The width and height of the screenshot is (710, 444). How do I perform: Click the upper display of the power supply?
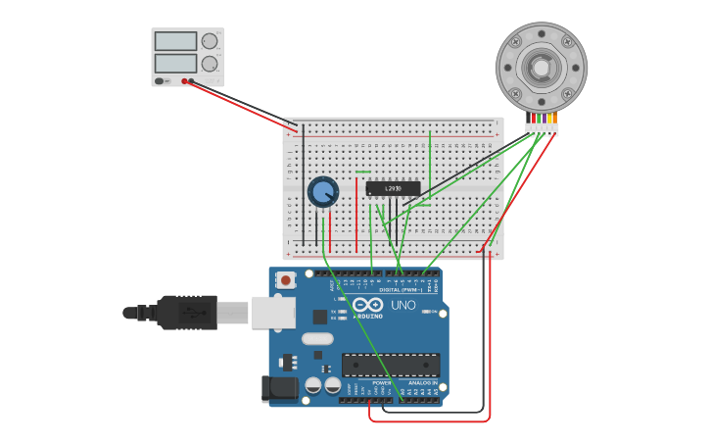pyautogui.click(x=175, y=41)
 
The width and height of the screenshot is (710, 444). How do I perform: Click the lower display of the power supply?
pyautogui.click(x=175, y=63)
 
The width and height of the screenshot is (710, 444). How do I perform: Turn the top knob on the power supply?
pyautogui.click(x=210, y=41)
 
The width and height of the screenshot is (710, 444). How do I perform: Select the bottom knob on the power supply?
pyautogui.click(x=210, y=64)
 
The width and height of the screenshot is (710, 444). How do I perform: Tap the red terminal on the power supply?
pyautogui.click(x=184, y=81)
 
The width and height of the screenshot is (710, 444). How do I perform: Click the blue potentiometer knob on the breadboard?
pyautogui.click(x=323, y=191)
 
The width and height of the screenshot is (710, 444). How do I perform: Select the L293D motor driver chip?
pyautogui.click(x=393, y=188)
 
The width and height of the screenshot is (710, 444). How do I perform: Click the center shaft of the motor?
pyautogui.click(x=542, y=67)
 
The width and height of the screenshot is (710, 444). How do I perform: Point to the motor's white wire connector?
pyautogui.click(x=542, y=128)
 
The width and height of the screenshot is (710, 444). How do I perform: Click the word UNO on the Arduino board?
pyautogui.click(x=403, y=306)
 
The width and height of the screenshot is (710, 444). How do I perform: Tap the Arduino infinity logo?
pyautogui.click(x=369, y=305)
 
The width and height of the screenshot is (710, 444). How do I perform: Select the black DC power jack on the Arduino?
pyautogui.click(x=280, y=389)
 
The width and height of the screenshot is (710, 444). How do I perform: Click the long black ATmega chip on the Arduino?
pyautogui.click(x=390, y=365)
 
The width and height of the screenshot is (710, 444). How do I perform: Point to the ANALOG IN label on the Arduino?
pyautogui.click(x=422, y=383)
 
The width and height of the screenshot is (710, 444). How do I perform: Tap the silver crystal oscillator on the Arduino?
pyautogui.click(x=317, y=339)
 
